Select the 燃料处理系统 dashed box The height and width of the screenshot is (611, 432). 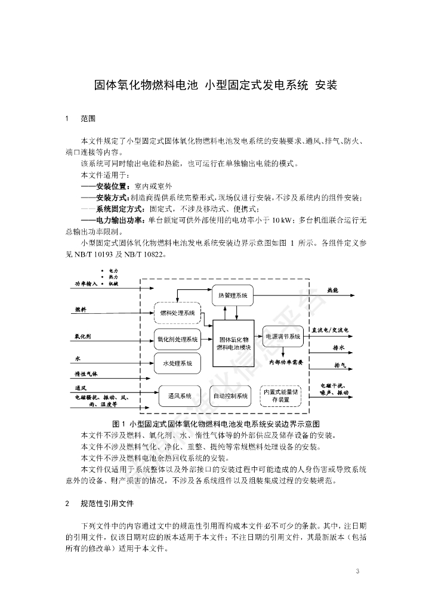point(177,313)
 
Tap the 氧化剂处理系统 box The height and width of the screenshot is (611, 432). point(177,339)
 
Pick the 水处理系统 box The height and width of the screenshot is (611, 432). point(177,363)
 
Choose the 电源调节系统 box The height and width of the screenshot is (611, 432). point(282,336)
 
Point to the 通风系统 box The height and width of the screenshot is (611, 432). point(177,396)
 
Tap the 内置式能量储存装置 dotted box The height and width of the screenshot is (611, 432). point(280,396)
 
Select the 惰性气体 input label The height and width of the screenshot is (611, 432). point(86,374)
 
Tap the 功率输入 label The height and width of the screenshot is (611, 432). point(86,283)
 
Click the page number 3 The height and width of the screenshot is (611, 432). point(357,572)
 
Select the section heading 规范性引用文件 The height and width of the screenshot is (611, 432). point(107,504)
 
